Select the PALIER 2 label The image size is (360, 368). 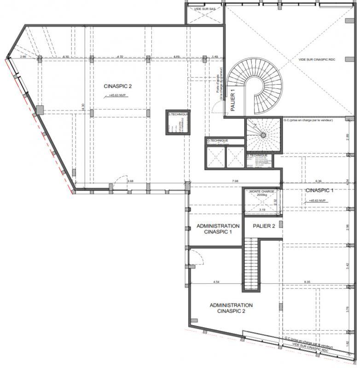[264, 226]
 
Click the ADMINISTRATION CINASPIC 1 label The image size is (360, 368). [218, 229]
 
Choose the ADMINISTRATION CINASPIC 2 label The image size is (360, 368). [231, 308]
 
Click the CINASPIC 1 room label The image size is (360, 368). [319, 190]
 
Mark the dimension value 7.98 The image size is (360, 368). [235, 181]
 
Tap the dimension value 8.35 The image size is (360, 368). [309, 281]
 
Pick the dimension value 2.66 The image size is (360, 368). [23, 57]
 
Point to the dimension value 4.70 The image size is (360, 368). [121, 57]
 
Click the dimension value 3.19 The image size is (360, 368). [262, 210]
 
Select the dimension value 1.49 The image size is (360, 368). [215, 57]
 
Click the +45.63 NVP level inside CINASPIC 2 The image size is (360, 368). [119, 96]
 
